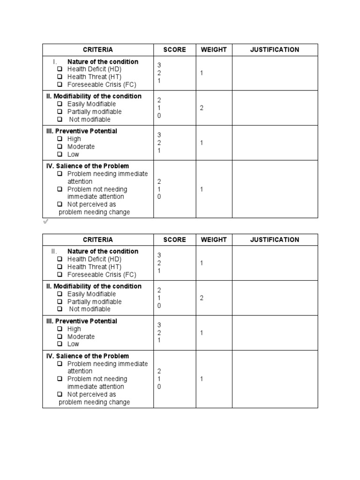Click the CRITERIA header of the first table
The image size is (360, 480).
(x=98, y=50)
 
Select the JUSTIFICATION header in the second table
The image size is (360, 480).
(x=274, y=240)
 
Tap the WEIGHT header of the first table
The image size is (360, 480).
(x=214, y=50)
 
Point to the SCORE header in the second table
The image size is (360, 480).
(x=174, y=240)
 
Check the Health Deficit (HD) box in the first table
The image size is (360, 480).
(x=60, y=69)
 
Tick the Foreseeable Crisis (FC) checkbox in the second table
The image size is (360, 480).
(x=60, y=275)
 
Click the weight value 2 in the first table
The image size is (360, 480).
(x=202, y=108)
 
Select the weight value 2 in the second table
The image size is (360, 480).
(x=202, y=298)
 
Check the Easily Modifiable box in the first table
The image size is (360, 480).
(x=60, y=104)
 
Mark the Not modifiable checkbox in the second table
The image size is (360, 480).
(x=60, y=309)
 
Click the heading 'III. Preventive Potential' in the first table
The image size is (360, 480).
(x=82, y=131)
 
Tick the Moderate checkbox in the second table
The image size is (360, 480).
(x=60, y=337)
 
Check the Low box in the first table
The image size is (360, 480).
(x=60, y=154)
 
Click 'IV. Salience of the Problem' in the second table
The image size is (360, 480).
(x=88, y=356)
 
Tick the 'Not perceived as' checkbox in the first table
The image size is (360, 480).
(x=60, y=204)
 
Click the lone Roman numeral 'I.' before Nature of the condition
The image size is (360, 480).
(x=55, y=62)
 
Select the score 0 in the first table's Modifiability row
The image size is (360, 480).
(x=159, y=115)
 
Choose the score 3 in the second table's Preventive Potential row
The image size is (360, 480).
(x=159, y=325)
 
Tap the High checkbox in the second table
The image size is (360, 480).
(x=60, y=329)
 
